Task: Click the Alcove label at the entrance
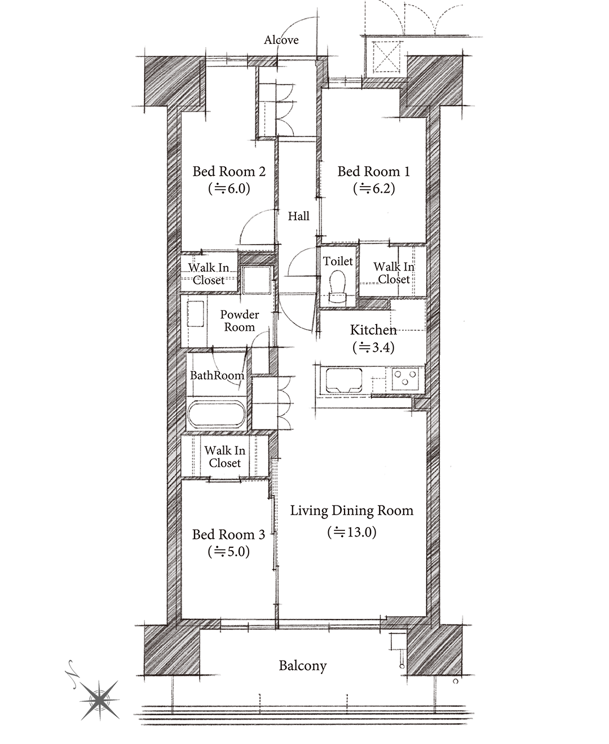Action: pyautogui.click(x=281, y=40)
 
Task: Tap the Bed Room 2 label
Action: pyautogui.click(x=229, y=171)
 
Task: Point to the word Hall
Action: pyautogui.click(x=298, y=216)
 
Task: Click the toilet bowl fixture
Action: pyautogui.click(x=338, y=286)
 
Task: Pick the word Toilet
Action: pyautogui.click(x=338, y=261)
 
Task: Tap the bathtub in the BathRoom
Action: pyautogui.click(x=216, y=413)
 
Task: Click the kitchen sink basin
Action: pyautogui.click(x=344, y=380)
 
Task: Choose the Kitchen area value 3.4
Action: pyautogui.click(x=373, y=348)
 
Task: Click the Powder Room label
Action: pyautogui.click(x=239, y=321)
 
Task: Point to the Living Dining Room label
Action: pyautogui.click(x=352, y=511)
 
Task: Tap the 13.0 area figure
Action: pyautogui.click(x=352, y=532)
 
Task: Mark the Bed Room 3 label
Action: pyautogui.click(x=228, y=534)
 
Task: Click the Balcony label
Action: pyautogui.click(x=303, y=666)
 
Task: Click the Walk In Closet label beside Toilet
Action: pyautogui.click(x=394, y=273)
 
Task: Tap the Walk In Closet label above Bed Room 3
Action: pyautogui.click(x=224, y=457)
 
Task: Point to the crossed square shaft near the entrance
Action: pyautogui.click(x=384, y=57)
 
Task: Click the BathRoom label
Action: pyautogui.click(x=217, y=375)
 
